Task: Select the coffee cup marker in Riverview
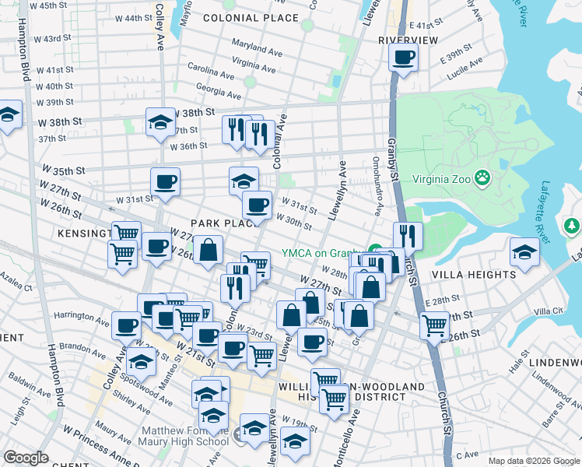coord(403,58)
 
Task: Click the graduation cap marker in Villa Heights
coord(524,252)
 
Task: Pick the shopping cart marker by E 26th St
coord(434,325)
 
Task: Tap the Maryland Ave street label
coord(254,48)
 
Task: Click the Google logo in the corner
coord(26,458)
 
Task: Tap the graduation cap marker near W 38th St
coord(160,122)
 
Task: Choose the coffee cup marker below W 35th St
coord(165,182)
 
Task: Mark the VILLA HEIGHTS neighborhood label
coord(484,275)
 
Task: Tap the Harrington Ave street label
coord(82,318)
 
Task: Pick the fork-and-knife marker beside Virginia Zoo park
coord(408,236)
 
